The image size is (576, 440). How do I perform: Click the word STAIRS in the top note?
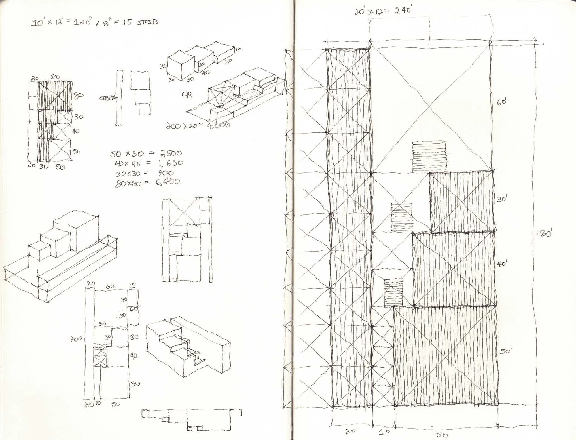pyautogui.click(x=148, y=22)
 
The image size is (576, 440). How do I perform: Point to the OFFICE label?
pyautogui.click(x=107, y=98)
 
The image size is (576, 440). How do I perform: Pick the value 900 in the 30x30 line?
pyautogui.click(x=166, y=173)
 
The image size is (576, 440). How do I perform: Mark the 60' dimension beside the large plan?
pyautogui.click(x=502, y=102)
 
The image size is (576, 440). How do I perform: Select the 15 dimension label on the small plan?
pyautogui.click(x=132, y=286)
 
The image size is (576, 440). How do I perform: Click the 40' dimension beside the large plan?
pyautogui.click(x=502, y=264)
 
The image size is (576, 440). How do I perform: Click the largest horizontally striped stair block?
pyautogui.click(x=429, y=157)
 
